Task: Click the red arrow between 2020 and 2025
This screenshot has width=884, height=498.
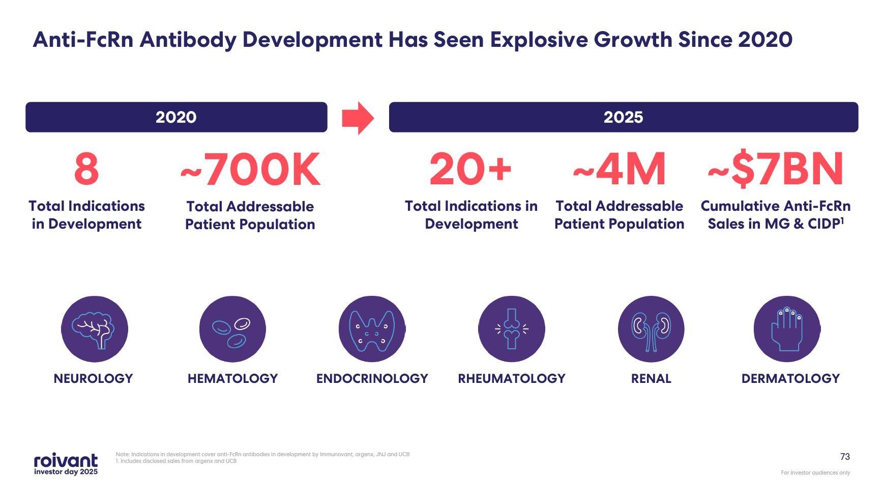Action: coord(358,118)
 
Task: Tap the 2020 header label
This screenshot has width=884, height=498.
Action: coord(176,117)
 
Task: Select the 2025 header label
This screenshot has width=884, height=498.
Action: coord(623,117)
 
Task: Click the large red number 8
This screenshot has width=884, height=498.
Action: coord(86,169)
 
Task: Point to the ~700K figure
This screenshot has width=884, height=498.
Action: coord(250,170)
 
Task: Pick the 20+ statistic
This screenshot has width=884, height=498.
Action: coord(470,169)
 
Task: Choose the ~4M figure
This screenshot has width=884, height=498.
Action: coord(619,169)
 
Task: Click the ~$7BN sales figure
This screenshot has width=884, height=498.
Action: coord(776,169)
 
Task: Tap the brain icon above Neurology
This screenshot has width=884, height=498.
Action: coord(94,329)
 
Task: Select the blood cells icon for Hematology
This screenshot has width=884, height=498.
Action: coord(232,329)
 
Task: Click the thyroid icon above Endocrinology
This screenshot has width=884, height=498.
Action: coord(372,329)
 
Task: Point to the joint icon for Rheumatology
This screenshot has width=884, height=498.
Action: coord(512,329)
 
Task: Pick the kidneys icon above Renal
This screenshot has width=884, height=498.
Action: coord(651,329)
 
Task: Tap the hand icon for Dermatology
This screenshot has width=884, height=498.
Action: coord(787,329)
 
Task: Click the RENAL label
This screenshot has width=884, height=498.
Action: coord(651,378)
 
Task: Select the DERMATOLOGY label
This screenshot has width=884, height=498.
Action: coord(790,378)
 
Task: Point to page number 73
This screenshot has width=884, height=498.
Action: coord(845,457)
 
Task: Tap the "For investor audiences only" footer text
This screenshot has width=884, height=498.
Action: coord(815,473)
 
